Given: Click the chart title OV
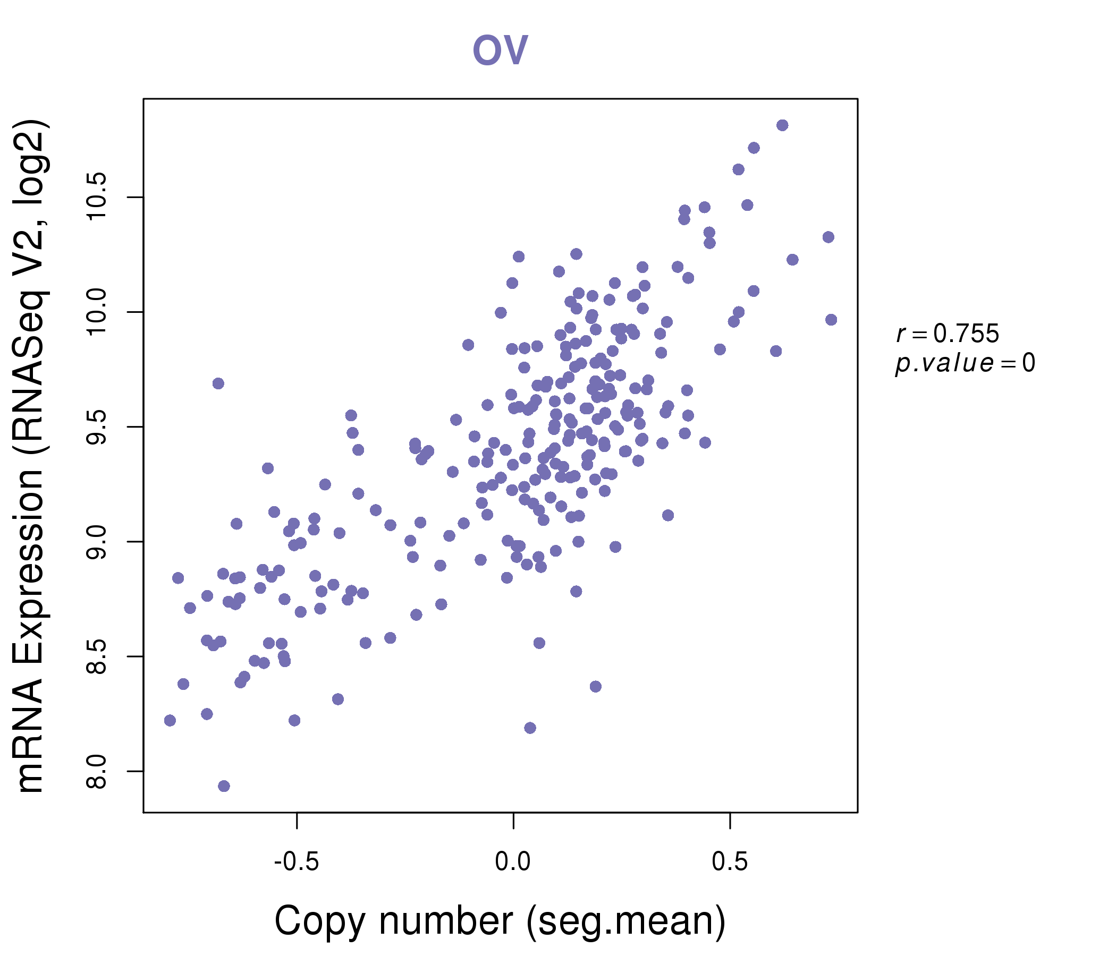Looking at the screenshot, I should [500, 50].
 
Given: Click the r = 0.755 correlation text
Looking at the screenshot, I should [948, 334].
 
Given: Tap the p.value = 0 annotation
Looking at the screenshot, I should [965, 363].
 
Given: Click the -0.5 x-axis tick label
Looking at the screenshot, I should [297, 862].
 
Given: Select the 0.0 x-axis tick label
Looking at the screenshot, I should [513, 862].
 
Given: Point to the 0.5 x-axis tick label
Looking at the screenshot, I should [730, 862].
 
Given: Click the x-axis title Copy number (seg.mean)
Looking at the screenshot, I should [500, 921].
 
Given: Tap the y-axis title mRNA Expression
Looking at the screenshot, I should [31, 456].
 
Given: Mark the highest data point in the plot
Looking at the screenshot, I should [783, 125].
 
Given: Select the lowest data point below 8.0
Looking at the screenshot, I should [224, 787].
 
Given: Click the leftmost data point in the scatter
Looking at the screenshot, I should [170, 721].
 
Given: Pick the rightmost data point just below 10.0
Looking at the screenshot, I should [831, 320].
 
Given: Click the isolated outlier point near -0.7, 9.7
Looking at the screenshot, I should [218, 384].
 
